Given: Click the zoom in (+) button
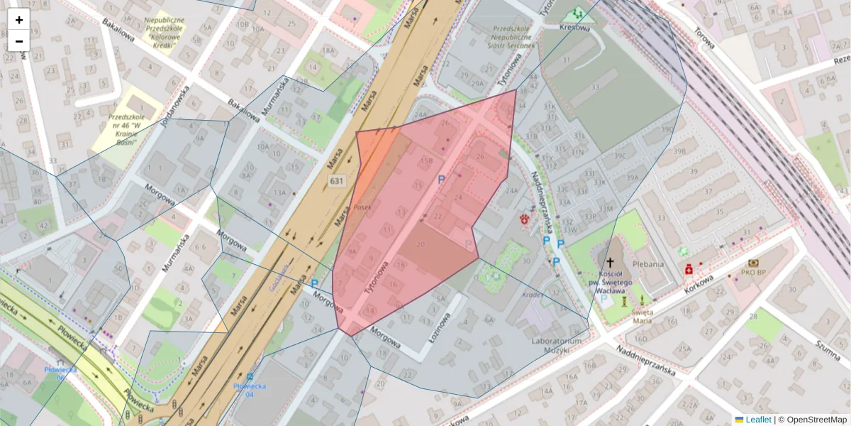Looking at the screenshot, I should (x=19, y=20).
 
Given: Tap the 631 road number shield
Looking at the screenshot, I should (x=337, y=182).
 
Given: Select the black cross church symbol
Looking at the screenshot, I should (x=610, y=263).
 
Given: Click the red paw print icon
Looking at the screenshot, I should (x=525, y=219).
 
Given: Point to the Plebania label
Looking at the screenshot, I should (x=649, y=264).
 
